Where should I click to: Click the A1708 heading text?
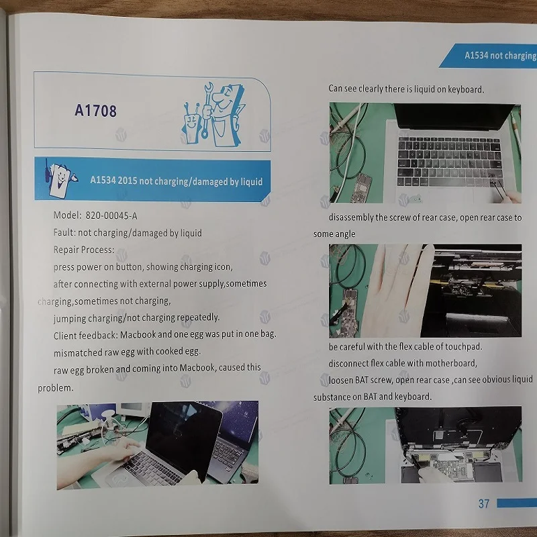click(x=96, y=110)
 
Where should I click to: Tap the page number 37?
click(x=484, y=503)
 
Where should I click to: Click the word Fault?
click(x=64, y=233)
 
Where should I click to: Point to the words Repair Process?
click(x=84, y=250)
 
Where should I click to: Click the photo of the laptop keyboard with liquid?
click(x=424, y=153)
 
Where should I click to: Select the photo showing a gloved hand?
click(x=424, y=290)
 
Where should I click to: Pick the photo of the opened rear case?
click(x=424, y=445)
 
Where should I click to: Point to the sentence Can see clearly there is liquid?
click(x=405, y=89)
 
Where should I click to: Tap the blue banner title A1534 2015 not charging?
click(x=176, y=181)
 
